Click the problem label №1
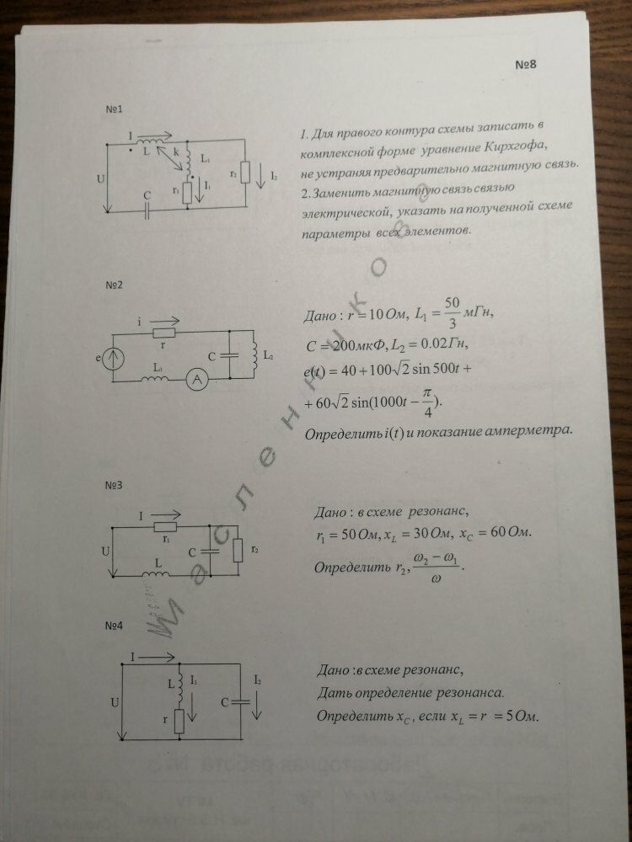point(115,110)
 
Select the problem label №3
point(115,486)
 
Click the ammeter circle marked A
point(196,381)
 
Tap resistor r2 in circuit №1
point(245,173)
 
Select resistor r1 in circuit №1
point(187,192)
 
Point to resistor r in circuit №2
point(163,334)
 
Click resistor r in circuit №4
point(179,722)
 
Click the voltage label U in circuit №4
point(114,701)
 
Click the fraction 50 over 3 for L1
point(452,309)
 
